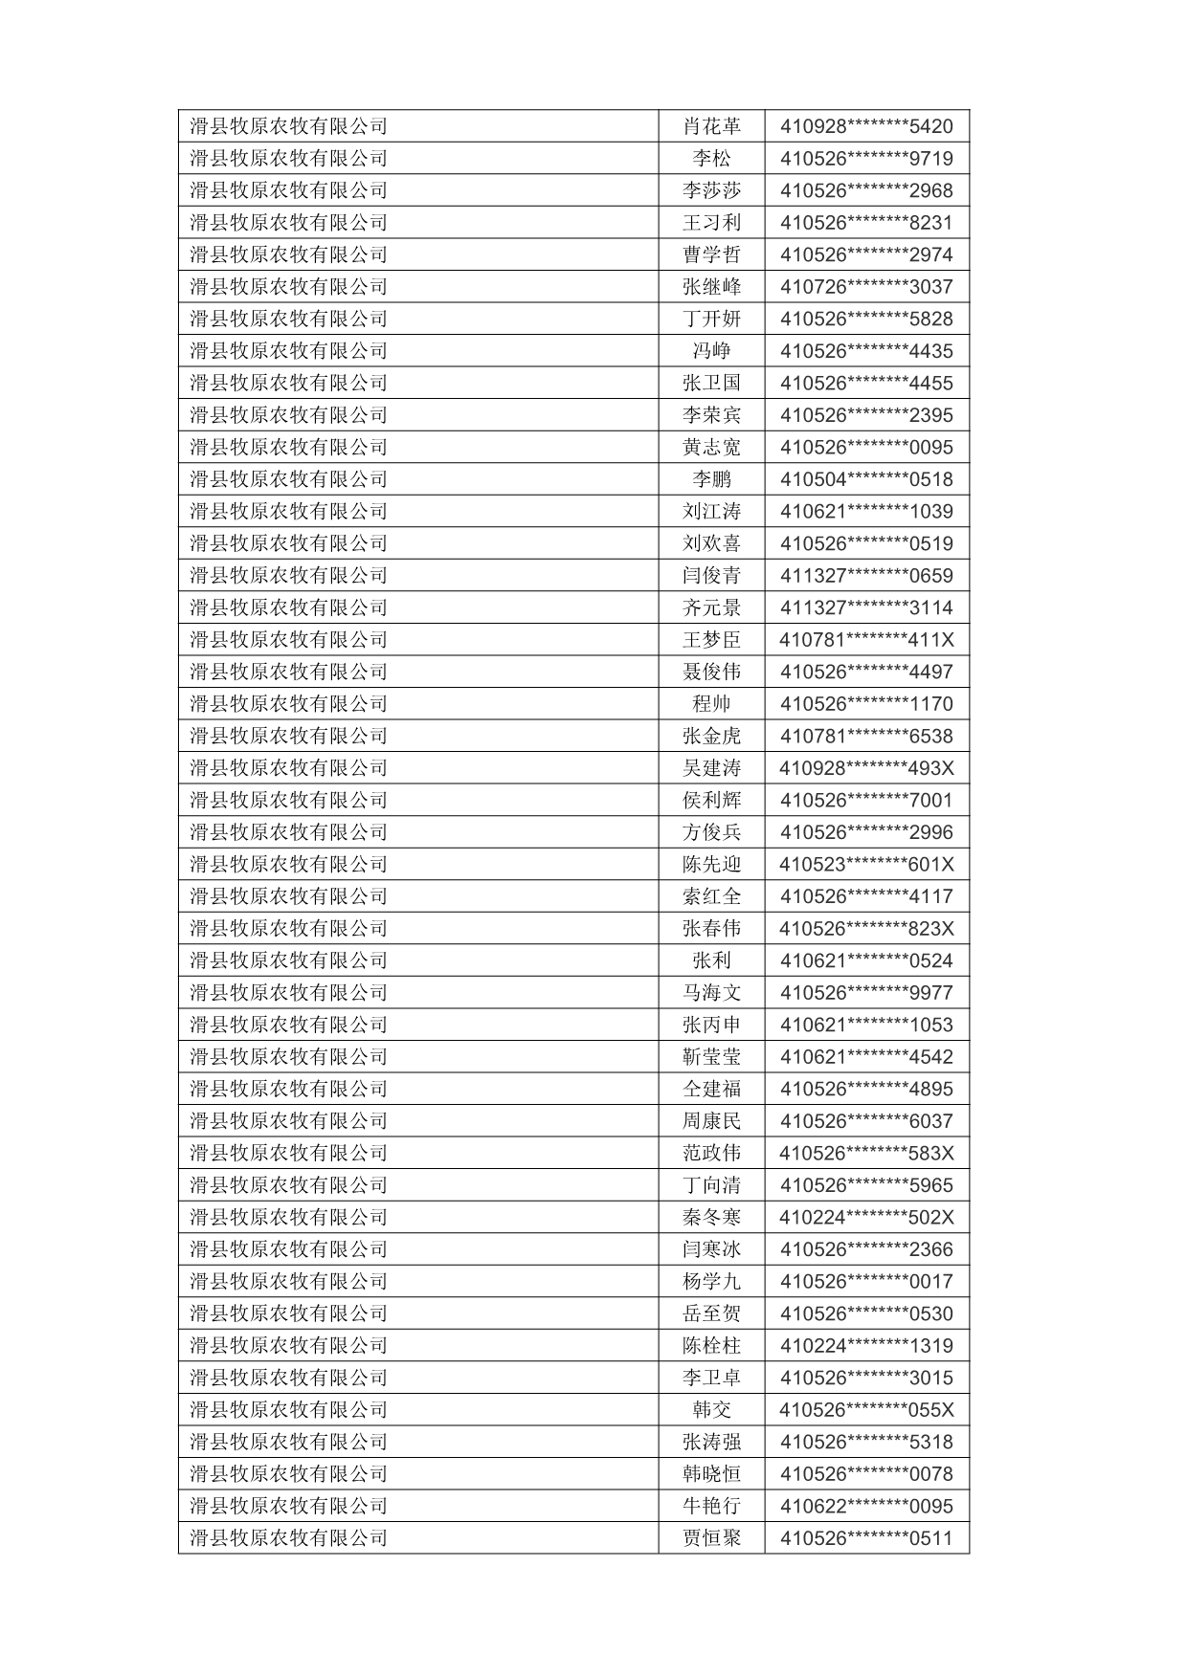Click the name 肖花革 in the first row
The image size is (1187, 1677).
[711, 126]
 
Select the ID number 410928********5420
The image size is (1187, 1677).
[866, 126]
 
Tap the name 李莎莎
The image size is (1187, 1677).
[711, 190]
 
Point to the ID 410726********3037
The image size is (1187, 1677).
[866, 287]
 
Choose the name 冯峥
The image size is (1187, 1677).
[711, 351]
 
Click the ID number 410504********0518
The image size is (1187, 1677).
[866, 479]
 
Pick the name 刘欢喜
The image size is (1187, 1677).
[711, 543]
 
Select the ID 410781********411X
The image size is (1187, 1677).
[866, 640]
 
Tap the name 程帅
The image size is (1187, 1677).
[711, 704]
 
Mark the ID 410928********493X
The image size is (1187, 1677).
[866, 768]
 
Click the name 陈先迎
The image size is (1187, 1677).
[711, 865]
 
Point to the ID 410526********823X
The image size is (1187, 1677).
[866, 929]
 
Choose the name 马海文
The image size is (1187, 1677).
[711, 993]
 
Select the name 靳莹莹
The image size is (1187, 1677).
[711, 1057]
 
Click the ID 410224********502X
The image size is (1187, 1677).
[866, 1218]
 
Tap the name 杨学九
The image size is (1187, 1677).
[711, 1282]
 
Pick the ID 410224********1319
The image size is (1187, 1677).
[866, 1346]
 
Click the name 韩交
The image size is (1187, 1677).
[711, 1410]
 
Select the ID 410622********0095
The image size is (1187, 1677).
[866, 1507]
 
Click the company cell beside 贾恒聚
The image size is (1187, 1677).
[288, 1538]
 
